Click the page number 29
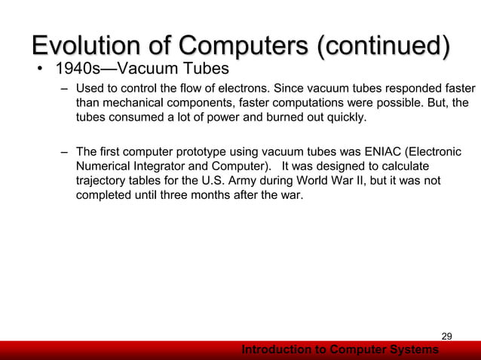446,336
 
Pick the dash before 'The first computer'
65,153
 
